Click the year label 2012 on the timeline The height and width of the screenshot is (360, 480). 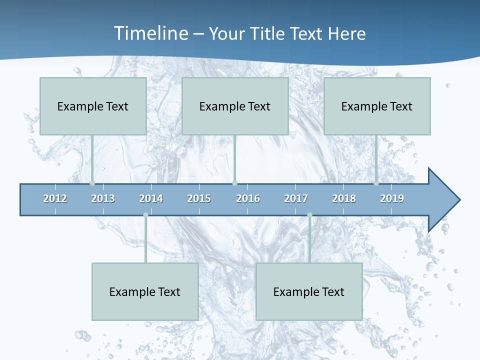(55, 198)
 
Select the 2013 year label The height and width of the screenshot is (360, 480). (103, 198)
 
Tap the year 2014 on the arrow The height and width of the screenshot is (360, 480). (151, 198)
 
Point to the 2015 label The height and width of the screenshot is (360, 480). (199, 198)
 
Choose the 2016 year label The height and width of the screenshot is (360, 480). (248, 198)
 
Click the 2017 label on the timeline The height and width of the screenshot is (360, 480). (296, 198)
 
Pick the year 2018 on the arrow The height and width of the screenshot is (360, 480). (344, 198)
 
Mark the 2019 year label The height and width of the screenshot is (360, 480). (392, 198)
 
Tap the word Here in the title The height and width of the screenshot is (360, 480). (346, 33)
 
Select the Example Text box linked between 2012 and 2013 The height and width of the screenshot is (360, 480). (93, 106)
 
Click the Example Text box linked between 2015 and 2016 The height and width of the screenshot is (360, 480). (235, 106)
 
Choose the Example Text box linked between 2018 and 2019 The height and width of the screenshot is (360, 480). (377, 106)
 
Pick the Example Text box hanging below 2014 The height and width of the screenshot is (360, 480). (145, 291)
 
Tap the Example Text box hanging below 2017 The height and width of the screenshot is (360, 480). (309, 291)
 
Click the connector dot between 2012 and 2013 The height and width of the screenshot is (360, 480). (92, 183)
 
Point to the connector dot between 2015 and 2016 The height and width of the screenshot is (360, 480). (234, 183)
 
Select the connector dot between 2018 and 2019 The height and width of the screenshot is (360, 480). (376, 183)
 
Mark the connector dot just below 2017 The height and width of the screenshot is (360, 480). (309, 215)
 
